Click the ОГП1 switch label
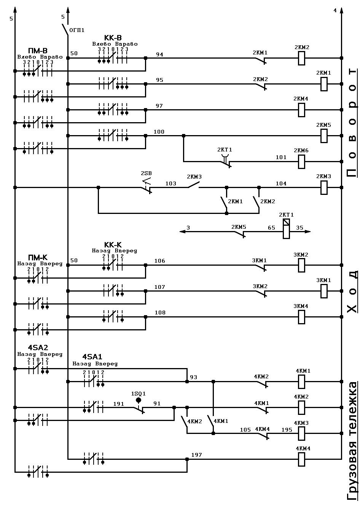coord(77,30)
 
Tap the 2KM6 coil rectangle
coord(301,162)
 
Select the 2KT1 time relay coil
coord(286,229)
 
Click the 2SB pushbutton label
coord(146,173)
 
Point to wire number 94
coord(159,54)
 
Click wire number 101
coord(281,157)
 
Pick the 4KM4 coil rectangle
coord(301,459)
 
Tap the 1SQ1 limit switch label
coord(139,394)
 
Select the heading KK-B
coord(113,38)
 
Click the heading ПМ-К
coord(38,257)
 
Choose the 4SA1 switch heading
coord(92,357)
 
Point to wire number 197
coord(196,455)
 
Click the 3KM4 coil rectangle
coord(301,317)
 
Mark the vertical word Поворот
coord(352,123)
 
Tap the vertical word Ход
coord(352,292)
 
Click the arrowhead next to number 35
coord(308,231)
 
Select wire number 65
coord(271,228)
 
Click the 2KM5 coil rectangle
coord(324,136)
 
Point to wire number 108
coord(160,312)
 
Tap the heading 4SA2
coord(38,348)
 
